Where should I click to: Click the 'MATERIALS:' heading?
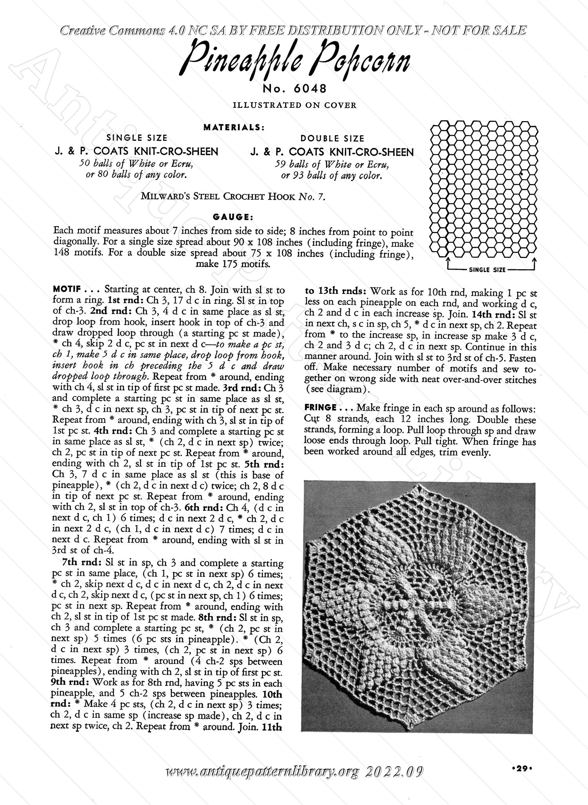pyautogui.click(x=234, y=127)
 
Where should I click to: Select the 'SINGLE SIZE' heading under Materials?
pyautogui.click(x=137, y=138)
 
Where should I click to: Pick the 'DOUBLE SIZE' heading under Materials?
pyautogui.click(x=332, y=138)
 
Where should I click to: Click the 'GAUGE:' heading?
pyautogui.click(x=234, y=217)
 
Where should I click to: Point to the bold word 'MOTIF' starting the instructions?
pyautogui.click(x=66, y=290)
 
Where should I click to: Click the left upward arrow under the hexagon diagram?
pyautogui.click(x=447, y=261)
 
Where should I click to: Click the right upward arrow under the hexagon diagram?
pyautogui.click(x=534, y=261)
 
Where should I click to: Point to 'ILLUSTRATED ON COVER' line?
pyautogui.click(x=294, y=105)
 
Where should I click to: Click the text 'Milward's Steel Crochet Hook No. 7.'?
pyautogui.click(x=233, y=197)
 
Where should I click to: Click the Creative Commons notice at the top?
pyautogui.click(x=293, y=31)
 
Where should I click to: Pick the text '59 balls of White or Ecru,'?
pyautogui.click(x=332, y=165)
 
